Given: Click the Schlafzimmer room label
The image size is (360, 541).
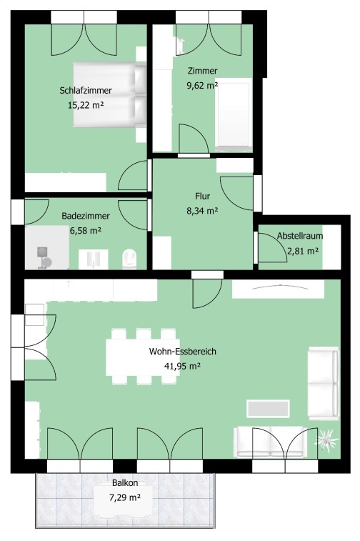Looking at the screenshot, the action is coord(86,90).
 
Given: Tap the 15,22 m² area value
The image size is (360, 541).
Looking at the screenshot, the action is coord(86,105).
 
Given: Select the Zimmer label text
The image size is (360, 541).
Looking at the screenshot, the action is coord(202,71).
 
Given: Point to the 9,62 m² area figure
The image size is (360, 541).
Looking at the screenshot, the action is coord(202,85).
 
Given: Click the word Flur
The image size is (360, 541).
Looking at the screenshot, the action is coord(202,196).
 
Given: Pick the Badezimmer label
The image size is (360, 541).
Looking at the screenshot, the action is coord(86,216).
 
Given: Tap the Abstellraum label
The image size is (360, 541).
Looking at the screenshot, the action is coord(300,236).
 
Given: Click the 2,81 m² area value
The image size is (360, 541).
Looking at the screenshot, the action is coord(303,251).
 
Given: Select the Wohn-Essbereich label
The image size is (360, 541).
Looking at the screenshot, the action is coord(182,351).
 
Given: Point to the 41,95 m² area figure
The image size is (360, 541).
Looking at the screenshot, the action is coord(182,366).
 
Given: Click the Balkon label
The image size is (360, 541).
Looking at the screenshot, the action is coord(125,483).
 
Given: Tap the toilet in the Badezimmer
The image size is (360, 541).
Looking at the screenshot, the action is coord(130,259).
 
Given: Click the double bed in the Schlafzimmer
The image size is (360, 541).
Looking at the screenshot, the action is coord(110,94).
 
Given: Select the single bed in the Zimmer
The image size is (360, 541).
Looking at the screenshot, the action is coord(233,114).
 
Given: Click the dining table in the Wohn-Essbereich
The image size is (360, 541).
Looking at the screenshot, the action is coord(143,357).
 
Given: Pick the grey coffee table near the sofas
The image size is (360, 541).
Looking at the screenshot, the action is coord(268,409).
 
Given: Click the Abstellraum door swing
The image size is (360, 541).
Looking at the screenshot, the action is coord(272,247).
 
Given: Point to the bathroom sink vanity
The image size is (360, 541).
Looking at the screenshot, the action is coord(93,259).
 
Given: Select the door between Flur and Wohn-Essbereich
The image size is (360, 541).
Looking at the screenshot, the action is coord(207,293).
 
